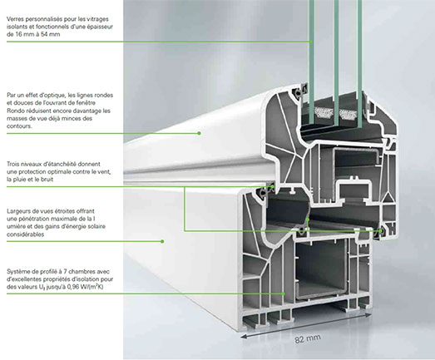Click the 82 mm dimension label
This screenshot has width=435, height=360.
[308, 338]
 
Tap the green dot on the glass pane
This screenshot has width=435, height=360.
[311, 42]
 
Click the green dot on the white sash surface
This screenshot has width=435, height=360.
[199, 133]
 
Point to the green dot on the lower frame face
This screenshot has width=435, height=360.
[162, 241]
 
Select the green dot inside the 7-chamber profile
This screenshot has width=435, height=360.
[284, 293]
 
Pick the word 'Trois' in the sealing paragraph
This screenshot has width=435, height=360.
[14, 164]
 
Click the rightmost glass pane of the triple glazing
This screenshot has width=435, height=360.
[359, 64]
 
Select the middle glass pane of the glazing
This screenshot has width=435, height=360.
[336, 64]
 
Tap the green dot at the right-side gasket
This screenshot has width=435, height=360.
[381, 231]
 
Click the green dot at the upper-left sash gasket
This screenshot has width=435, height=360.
[273, 187]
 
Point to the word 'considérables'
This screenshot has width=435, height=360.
[26, 234]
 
